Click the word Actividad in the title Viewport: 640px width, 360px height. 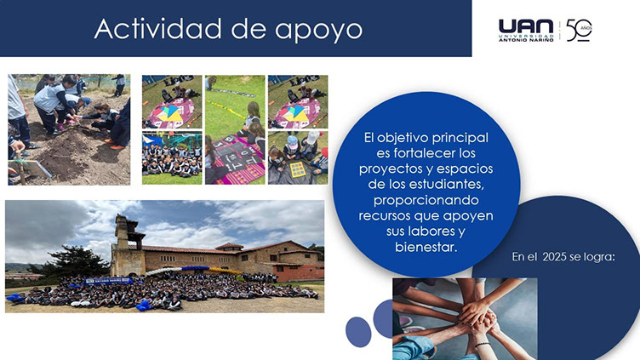(x=158, y=29)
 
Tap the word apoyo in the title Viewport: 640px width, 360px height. (x=318, y=31)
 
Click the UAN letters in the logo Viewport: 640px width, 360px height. (x=526, y=26)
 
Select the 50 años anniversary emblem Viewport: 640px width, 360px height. (x=579, y=31)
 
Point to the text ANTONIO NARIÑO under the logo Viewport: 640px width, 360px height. (x=526, y=40)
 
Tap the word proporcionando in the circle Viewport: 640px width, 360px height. (x=426, y=200)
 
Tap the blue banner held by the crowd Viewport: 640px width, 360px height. (x=109, y=280)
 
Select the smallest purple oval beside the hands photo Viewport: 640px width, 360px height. (x=358, y=332)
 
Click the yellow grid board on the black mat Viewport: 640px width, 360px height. (x=297, y=169)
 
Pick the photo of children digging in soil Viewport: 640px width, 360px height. (x=69, y=129)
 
